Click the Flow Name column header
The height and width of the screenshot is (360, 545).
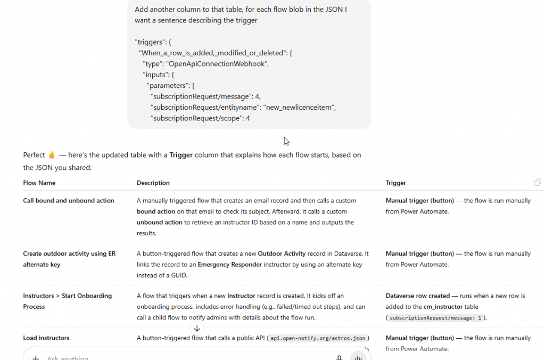[39, 183]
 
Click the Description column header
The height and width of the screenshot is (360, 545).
[153, 183]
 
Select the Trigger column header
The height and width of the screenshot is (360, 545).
[396, 183]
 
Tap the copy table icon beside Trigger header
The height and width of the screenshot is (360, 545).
[538, 183]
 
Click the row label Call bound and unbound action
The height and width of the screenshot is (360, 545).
[69, 201]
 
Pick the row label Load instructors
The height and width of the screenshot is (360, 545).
[46, 338]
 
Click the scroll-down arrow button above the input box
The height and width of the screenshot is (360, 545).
[197, 329]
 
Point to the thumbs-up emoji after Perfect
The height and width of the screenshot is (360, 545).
[52, 155]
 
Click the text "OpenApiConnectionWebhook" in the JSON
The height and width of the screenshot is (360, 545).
[218, 63]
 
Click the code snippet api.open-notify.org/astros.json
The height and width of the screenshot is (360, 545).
[319, 338]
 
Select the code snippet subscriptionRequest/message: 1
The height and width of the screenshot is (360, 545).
[435, 318]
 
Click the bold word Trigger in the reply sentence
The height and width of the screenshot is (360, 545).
[181, 155]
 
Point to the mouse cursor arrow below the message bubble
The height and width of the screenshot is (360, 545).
[286, 141]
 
